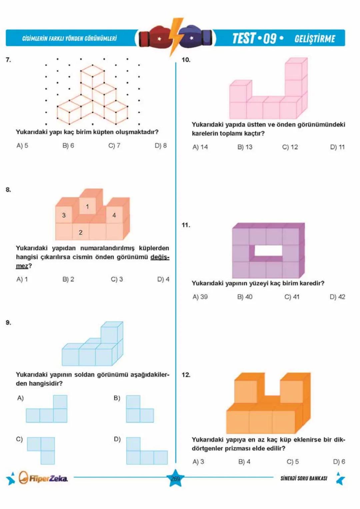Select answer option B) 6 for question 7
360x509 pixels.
(x=68, y=146)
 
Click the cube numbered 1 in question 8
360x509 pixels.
(x=87, y=207)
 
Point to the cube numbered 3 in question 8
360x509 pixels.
(x=64, y=215)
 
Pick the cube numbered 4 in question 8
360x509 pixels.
(x=114, y=215)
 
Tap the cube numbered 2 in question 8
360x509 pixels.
(x=80, y=232)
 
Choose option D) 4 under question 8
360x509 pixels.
(x=163, y=279)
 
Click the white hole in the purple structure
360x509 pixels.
(x=269, y=251)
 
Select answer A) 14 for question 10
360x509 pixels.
(x=200, y=147)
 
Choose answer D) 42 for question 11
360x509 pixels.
(x=337, y=297)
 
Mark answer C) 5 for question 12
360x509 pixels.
(x=292, y=462)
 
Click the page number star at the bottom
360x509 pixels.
(x=175, y=479)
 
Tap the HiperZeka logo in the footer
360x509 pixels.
(x=43, y=478)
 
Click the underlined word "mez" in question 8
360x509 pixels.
(x=22, y=266)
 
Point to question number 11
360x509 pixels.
(x=186, y=225)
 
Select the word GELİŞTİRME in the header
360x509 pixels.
(x=315, y=39)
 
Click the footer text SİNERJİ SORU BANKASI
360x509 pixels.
(x=304, y=478)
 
